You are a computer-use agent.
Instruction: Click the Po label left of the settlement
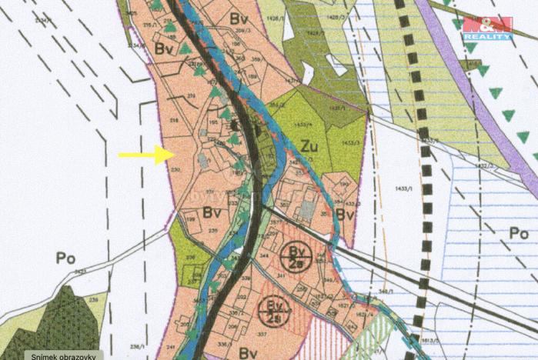[x=65, y=258]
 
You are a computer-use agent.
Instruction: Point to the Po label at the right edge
[x=519, y=232]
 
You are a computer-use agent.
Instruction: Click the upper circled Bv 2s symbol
[x=296, y=254]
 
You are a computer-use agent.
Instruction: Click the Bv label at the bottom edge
[x=248, y=353]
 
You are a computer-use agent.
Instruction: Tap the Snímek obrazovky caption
[x=63, y=355]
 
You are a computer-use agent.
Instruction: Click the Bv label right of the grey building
[x=344, y=215]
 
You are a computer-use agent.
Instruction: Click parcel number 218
[x=174, y=122]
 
